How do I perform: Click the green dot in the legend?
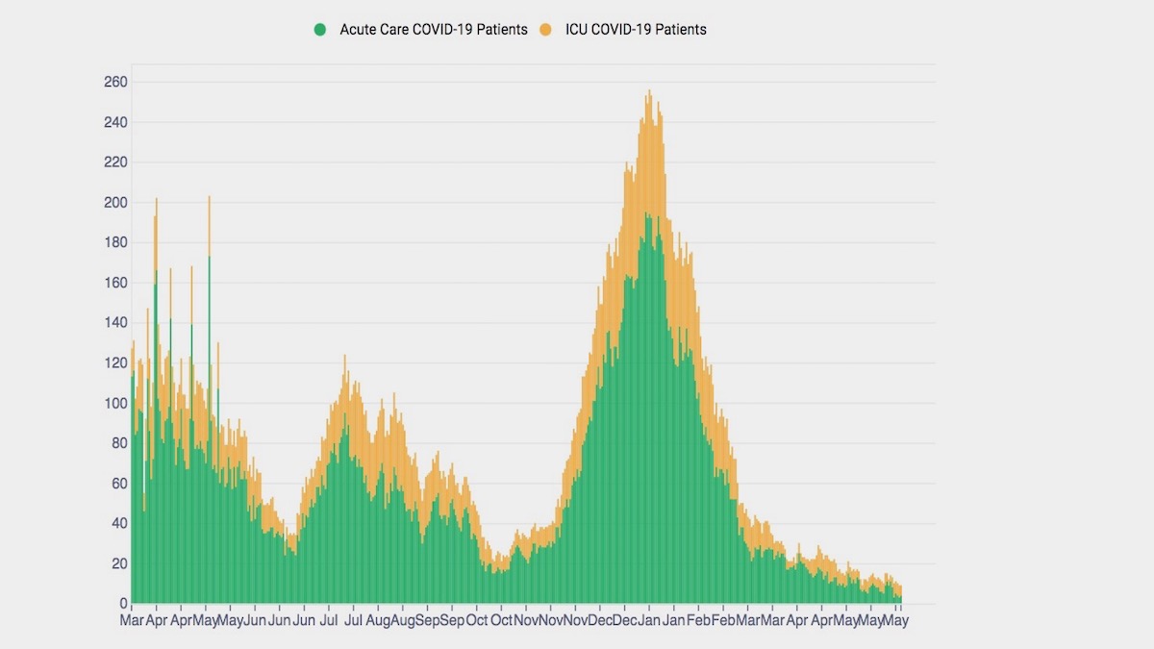[320, 30]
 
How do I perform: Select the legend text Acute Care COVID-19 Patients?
[434, 30]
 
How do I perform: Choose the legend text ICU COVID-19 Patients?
[648, 30]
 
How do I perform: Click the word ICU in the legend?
[604, 30]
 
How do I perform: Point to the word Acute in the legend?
[359, 30]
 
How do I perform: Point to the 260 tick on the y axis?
[115, 83]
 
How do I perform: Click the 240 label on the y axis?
[115, 123]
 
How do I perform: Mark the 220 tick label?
[115, 162]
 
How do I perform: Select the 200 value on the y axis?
[115, 203]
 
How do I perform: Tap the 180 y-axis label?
[115, 243]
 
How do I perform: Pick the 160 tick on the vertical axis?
[115, 284]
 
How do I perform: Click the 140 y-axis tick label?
[115, 323]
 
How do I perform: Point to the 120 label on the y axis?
[115, 363]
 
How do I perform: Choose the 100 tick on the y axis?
[115, 404]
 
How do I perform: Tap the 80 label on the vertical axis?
[119, 443]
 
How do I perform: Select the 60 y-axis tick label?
[119, 484]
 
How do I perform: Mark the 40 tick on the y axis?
[119, 524]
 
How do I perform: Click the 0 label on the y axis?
[123, 604]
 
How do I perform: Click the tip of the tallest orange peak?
[650, 91]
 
